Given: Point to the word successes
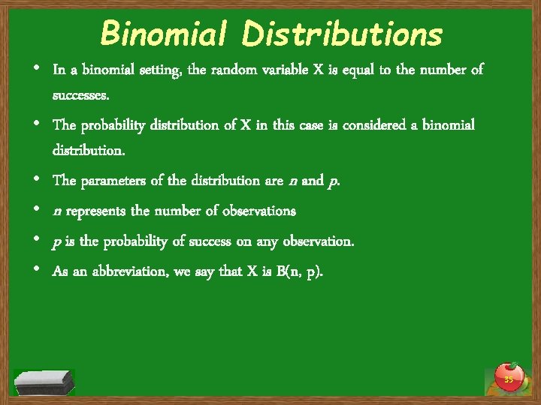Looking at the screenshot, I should pyautogui.click(x=81, y=96).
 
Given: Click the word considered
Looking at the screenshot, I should pyautogui.click(x=372, y=124).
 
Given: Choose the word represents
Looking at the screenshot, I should pyautogui.click(x=96, y=211).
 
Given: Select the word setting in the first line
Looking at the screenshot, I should pyautogui.click(x=153, y=70).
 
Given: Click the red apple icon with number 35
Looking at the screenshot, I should pyautogui.click(x=509, y=376).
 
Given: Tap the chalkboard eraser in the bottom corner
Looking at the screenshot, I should pyautogui.click(x=44, y=382).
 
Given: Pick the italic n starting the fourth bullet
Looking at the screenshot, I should pyautogui.click(x=57, y=211).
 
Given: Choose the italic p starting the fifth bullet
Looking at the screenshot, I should pyautogui.click(x=56, y=242).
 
